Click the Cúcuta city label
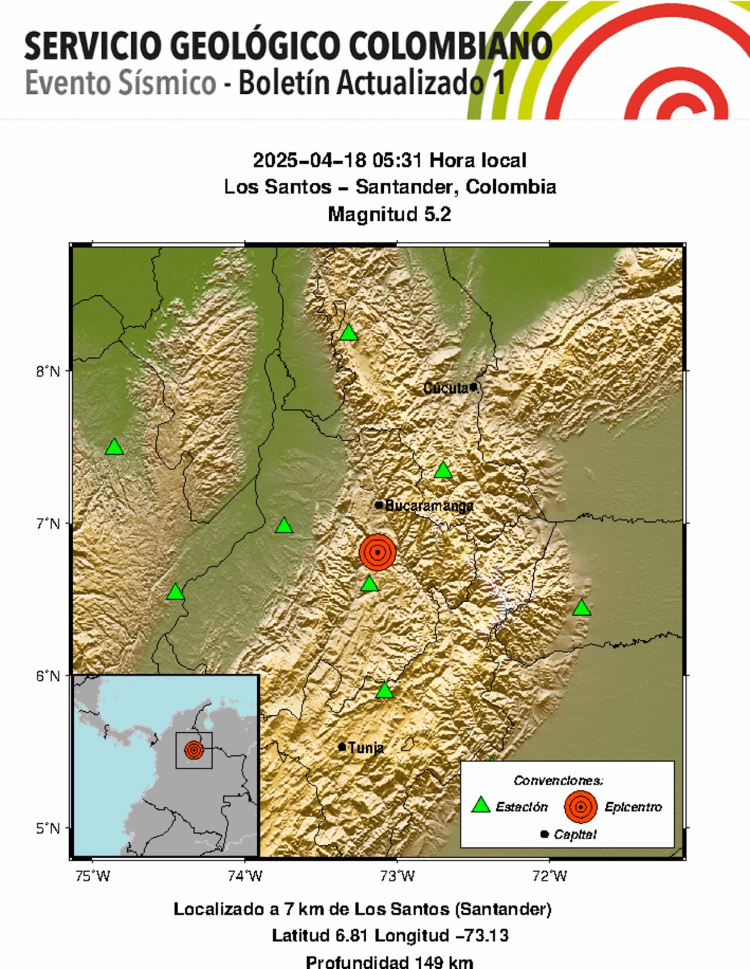[445, 388]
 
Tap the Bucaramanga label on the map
[429, 505]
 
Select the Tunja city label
[366, 748]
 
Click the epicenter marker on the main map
[377, 552]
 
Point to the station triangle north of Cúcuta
[349, 333]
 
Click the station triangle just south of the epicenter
[369, 584]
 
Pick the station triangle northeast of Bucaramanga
[443, 470]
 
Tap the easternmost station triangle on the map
[581, 608]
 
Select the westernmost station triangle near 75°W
[114, 447]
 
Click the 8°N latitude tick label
[46, 371]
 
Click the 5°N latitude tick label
[46, 828]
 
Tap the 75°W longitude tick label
[93, 876]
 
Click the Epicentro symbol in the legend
[580, 807]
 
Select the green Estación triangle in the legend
[481, 806]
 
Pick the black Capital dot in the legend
[544, 834]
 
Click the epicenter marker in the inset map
[194, 750]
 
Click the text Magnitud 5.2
[389, 214]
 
